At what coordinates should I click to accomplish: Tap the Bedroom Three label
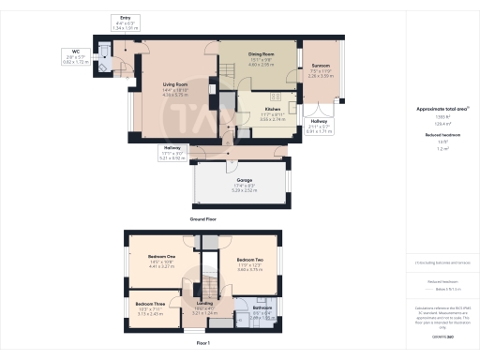click(150, 305)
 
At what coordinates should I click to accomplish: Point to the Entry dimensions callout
click(125, 25)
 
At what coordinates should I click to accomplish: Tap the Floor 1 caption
click(202, 343)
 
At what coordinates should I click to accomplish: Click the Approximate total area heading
click(437, 109)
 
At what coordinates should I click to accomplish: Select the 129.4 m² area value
click(436, 123)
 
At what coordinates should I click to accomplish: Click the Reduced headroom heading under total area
click(437, 135)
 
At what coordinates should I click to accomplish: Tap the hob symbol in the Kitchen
click(276, 96)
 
